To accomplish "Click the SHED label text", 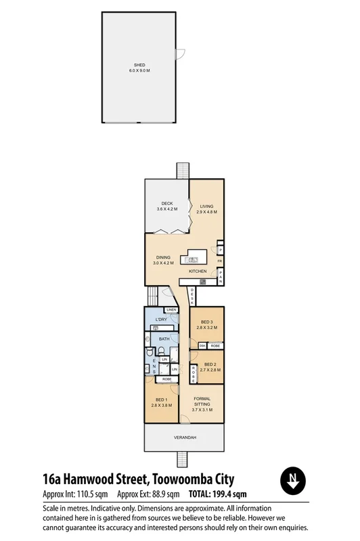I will click(x=139, y=65).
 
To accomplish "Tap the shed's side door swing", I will click(x=179, y=55).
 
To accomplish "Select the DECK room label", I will click(x=166, y=204).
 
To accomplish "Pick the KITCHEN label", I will click(x=198, y=272).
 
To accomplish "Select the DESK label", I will click(x=192, y=295).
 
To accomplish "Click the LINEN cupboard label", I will click(x=171, y=310).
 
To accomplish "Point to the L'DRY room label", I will click(x=161, y=320).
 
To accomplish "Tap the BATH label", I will click(x=164, y=339).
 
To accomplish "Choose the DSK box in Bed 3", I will click(x=202, y=346).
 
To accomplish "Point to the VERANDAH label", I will click(x=185, y=438).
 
